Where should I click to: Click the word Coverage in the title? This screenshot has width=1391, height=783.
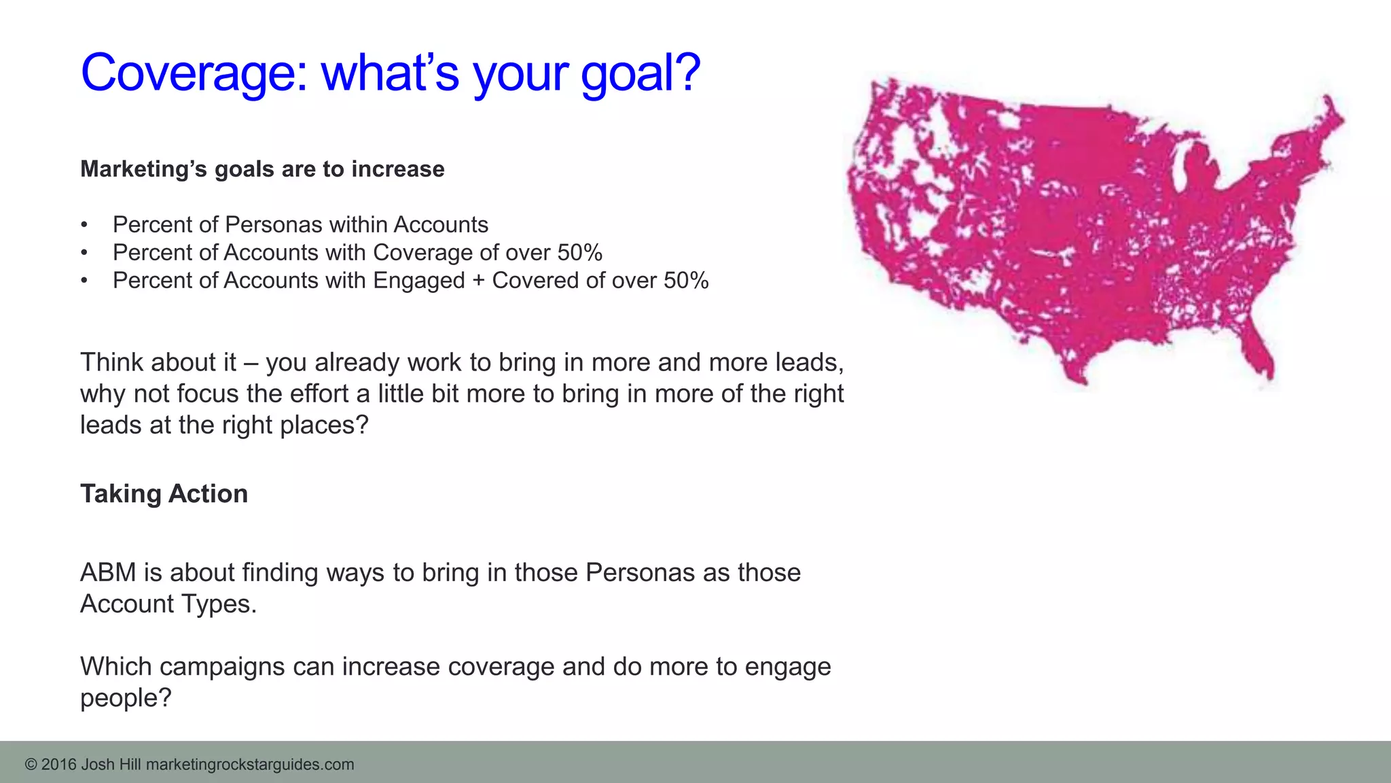(194, 73)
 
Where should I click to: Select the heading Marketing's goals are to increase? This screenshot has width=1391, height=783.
(262, 169)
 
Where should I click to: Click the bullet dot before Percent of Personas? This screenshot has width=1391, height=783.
(84, 225)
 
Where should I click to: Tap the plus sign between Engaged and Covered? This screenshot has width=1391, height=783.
(478, 281)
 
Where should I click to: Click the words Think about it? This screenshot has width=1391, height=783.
(158, 362)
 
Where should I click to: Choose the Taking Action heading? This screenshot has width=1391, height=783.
(164, 494)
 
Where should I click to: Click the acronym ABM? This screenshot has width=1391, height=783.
(108, 573)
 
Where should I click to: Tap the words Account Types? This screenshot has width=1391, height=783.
(168, 604)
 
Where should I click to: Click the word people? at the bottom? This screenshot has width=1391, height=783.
(126, 698)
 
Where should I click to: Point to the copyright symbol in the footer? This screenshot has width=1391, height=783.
(31, 765)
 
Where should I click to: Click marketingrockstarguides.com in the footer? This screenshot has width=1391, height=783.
(250, 765)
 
